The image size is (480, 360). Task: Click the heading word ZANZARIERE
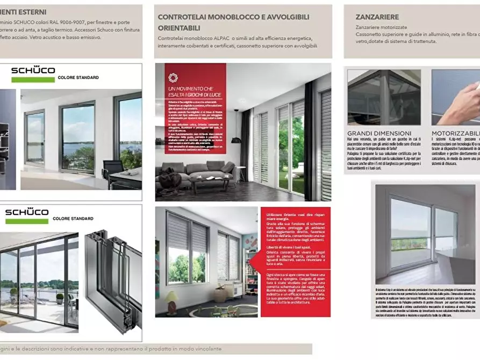(377, 17)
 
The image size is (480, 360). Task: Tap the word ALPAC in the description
(241, 38)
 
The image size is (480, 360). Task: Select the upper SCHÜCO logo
(33, 70)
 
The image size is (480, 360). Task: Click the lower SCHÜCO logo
(26, 212)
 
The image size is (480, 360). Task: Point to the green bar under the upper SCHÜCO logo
(33, 80)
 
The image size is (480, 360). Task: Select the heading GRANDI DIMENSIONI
(379, 133)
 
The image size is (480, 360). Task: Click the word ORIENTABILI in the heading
(179, 27)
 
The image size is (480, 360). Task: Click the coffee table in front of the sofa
(211, 181)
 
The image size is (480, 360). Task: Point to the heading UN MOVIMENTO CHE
(190, 88)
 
